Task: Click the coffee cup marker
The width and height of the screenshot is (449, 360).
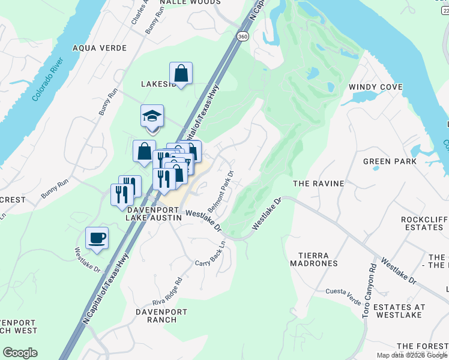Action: (97, 238)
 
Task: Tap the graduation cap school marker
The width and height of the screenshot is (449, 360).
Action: (152, 116)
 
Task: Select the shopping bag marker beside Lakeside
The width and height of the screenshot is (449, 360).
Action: (181, 74)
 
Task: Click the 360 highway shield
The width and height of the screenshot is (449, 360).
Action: (242, 37)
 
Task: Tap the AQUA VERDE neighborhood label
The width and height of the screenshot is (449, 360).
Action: (100, 48)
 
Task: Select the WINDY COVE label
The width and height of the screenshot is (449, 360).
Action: (376, 87)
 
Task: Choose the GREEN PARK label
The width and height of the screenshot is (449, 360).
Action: (390, 161)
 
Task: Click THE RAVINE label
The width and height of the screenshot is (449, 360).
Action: (318, 183)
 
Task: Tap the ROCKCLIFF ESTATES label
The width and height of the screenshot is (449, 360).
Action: (424, 223)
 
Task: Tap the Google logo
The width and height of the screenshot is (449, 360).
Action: (20, 353)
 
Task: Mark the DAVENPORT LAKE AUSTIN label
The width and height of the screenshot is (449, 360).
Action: (153, 214)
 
